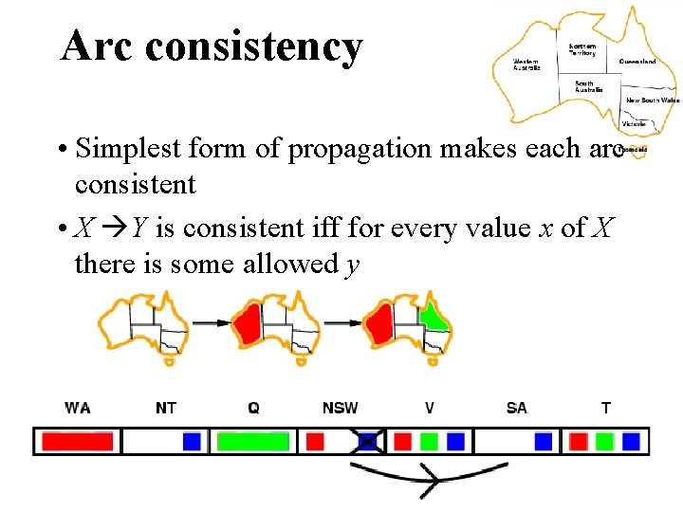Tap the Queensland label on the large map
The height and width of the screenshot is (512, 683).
[x=637, y=61]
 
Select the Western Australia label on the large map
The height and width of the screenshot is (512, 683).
[x=526, y=65]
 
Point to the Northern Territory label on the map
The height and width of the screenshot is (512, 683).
[x=581, y=49]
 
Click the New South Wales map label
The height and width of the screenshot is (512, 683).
[x=652, y=100]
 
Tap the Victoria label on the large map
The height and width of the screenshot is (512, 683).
[x=634, y=124]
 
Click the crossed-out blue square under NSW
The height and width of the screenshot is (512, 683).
[x=367, y=441]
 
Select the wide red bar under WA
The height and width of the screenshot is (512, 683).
[x=77, y=441]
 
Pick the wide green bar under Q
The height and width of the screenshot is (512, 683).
[x=252, y=441]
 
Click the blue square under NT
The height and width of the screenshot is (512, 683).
[x=192, y=441]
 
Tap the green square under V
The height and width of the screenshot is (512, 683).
[x=429, y=441]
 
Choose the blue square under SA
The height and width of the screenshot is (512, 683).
[x=544, y=441]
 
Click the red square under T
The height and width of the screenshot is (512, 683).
[x=577, y=441]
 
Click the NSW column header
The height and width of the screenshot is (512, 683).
[x=340, y=408]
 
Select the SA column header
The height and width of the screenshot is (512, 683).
[x=517, y=408]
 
